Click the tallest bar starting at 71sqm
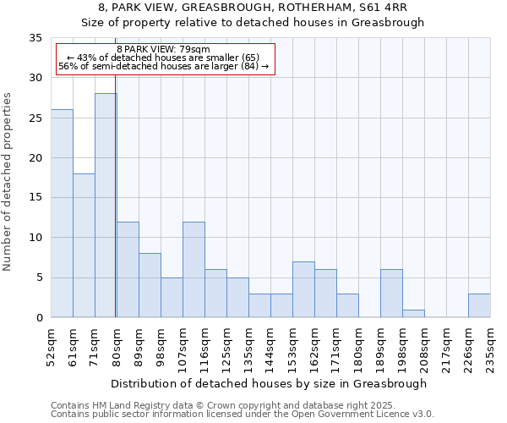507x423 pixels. [x=105, y=206]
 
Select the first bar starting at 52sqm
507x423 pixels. [x=62, y=213]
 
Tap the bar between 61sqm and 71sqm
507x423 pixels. [x=84, y=245]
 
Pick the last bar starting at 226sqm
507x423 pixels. [x=478, y=305]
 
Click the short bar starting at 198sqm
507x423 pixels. [x=413, y=313]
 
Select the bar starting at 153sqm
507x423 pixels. [x=303, y=289]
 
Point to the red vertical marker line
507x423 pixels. [x=115, y=211]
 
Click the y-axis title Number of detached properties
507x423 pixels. [x=8, y=182]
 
